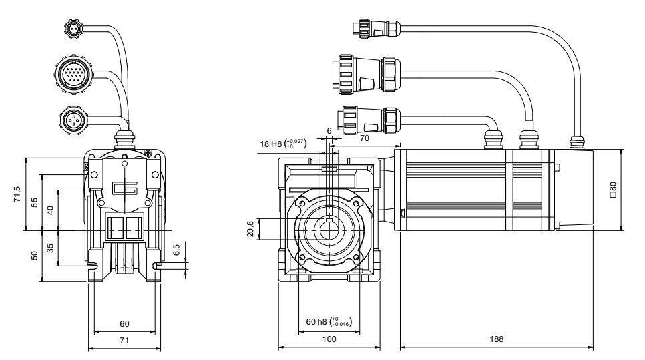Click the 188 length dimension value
point(496,339)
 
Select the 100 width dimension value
point(329,339)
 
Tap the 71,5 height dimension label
point(18,194)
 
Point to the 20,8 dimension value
point(250,229)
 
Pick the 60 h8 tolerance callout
point(329,321)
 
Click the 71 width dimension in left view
point(124,341)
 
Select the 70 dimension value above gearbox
point(365,138)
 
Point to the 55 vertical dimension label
point(35,203)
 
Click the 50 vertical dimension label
point(35,256)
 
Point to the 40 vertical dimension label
point(50,210)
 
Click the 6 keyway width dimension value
point(329,130)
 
